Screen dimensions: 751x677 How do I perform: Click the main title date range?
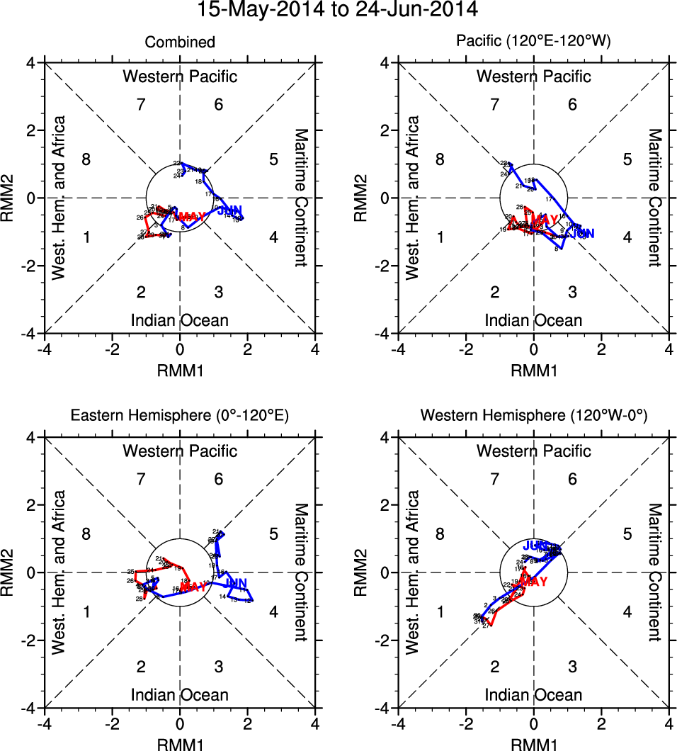coord(338,11)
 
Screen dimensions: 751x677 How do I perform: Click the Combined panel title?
coord(180,43)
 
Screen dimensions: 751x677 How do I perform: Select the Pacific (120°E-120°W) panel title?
coord(533,43)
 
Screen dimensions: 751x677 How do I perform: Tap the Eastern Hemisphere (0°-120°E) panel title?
coord(179,417)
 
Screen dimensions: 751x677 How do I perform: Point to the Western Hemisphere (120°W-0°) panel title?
coord(533,417)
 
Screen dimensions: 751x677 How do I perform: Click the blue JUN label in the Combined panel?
coord(229,210)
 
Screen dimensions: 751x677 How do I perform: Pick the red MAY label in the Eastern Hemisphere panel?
coord(193,586)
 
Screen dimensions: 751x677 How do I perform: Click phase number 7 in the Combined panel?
coord(141,105)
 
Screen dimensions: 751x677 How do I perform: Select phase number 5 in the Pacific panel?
coord(627,159)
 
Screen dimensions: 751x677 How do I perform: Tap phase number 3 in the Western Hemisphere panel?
coord(572,667)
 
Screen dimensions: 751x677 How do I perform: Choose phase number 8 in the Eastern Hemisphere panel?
coord(86,533)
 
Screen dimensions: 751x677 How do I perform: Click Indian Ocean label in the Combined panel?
coord(180,320)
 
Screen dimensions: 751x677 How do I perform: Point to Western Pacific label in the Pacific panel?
coord(533,77)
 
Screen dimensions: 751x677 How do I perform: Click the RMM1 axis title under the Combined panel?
coord(180,369)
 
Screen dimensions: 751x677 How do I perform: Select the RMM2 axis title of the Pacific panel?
coord(363,198)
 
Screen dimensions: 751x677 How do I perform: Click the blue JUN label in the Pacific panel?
coord(582,233)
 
